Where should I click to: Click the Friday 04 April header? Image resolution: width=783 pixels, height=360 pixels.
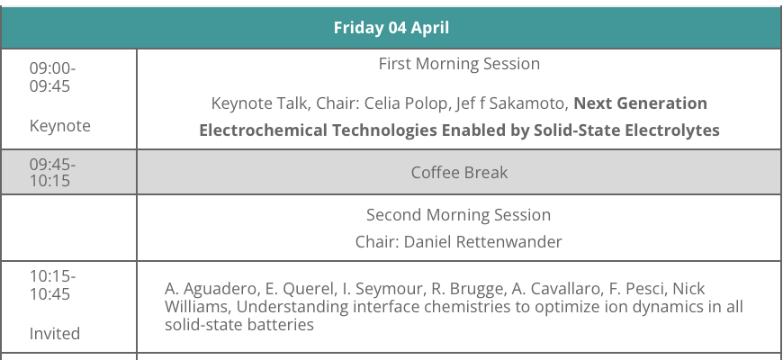391,28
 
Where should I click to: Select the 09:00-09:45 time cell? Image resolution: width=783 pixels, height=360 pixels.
52,76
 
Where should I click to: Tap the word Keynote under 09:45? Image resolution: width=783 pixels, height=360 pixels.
60,125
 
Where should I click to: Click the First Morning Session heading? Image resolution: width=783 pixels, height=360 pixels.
459,63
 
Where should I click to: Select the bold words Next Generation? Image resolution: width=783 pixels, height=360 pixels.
640,103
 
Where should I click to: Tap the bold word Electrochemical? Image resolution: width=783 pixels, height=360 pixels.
263,130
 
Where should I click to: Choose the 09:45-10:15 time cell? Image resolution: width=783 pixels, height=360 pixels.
52,172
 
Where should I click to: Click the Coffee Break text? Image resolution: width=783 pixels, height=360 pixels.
459,172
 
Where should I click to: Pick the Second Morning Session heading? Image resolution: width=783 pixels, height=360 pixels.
458,215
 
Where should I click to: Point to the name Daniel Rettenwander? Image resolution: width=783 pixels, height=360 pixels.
482,242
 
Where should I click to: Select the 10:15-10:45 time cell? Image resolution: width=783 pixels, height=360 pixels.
52,284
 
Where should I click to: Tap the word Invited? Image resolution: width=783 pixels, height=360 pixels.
54,333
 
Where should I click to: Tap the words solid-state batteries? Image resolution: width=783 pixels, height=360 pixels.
239,325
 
